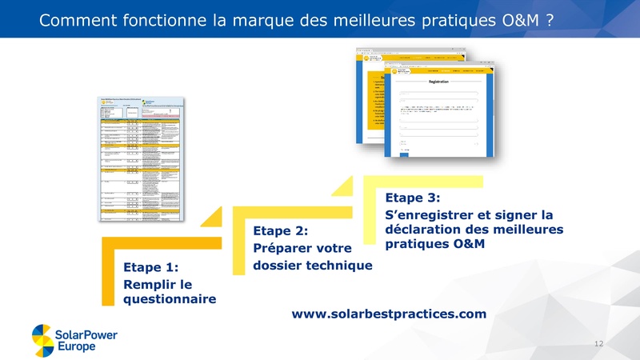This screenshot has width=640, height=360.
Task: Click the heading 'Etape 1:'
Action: click(150, 267)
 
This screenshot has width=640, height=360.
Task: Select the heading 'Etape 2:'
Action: click(280, 230)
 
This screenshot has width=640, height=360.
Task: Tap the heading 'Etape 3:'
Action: click(413, 197)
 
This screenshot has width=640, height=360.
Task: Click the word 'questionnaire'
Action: click(170, 299)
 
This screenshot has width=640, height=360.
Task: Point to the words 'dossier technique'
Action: click(313, 265)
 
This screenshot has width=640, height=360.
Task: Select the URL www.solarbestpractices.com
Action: click(389, 314)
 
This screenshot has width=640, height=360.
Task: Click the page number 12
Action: click(598, 343)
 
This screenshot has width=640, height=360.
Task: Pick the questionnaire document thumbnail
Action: click(142, 160)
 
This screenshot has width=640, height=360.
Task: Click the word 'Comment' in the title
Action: click(80, 21)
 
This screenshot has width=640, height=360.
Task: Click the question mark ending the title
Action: click(551, 21)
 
